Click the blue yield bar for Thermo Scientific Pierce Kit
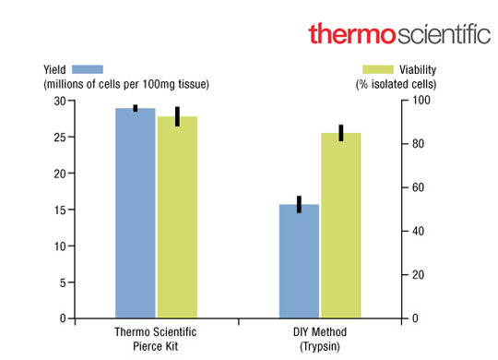[135, 213]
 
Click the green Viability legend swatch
[379, 68]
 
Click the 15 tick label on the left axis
[58, 210]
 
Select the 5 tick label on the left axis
[61, 282]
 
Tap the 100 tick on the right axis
[418, 101]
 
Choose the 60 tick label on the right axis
[416, 187]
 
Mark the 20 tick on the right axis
[416, 275]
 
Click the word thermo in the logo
[351, 34]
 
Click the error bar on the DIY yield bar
[299, 204]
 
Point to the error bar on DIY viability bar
[340, 132]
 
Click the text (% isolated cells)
[397, 85]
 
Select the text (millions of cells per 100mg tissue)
[125, 85]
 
